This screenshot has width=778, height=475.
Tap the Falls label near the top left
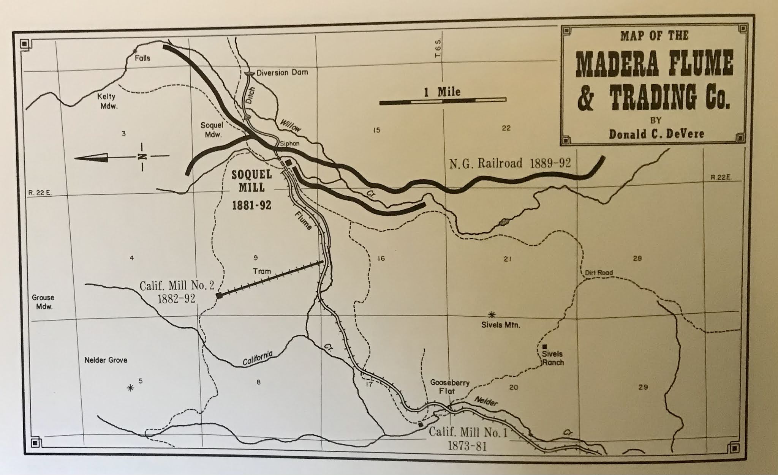click(x=142, y=58)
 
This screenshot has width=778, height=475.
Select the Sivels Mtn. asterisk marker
click(x=492, y=314)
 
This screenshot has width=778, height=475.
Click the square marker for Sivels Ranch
click(x=544, y=346)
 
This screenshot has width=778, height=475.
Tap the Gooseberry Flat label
click(x=450, y=387)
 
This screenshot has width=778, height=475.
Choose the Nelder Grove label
click(x=106, y=360)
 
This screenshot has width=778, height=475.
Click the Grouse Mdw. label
click(x=43, y=302)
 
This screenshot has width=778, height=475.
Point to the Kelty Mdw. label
click(x=108, y=101)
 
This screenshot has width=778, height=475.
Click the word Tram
click(x=262, y=271)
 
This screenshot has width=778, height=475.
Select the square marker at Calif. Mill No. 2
click(x=219, y=295)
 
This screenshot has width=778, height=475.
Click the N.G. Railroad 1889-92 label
click(x=510, y=163)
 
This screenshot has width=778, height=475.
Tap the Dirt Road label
click(x=599, y=273)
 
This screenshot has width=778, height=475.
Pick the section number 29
click(x=643, y=388)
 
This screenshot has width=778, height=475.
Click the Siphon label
click(x=289, y=144)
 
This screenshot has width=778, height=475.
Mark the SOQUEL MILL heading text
click(x=252, y=181)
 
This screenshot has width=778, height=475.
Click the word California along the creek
click(x=258, y=359)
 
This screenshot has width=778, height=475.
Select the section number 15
click(x=376, y=130)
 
